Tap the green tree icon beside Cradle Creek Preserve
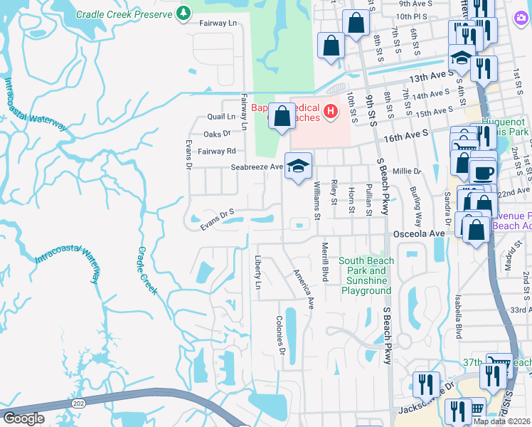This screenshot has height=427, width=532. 183,14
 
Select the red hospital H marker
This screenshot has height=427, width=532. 330,111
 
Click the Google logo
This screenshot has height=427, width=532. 24,418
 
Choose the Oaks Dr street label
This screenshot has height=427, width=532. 218,134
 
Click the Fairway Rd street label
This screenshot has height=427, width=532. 216,151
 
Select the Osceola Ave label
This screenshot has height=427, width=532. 419,233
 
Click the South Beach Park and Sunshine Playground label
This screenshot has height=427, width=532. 366,275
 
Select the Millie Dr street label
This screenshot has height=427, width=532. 407,172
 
